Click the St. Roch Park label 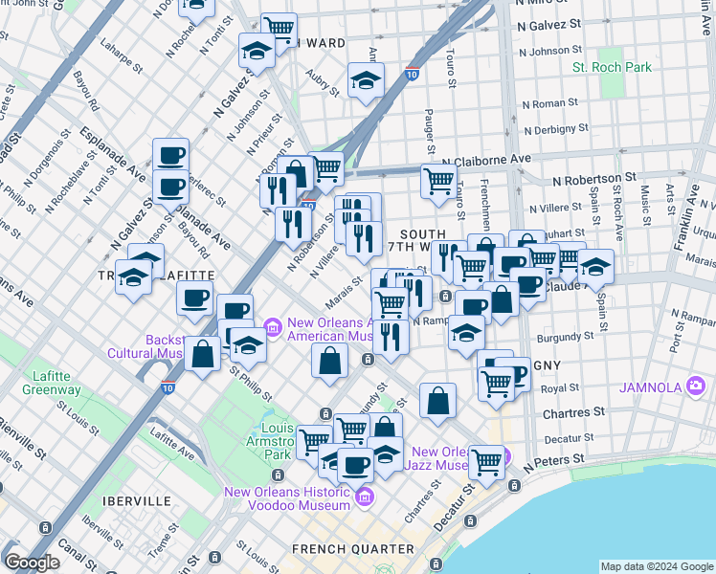point(612,68)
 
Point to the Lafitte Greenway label point(45,383)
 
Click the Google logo point(33,563)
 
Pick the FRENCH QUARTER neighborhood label point(353,549)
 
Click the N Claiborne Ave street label point(485,159)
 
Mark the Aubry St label point(325,85)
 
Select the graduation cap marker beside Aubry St point(366,81)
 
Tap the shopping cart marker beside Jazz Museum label point(486,462)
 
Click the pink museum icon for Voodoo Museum point(364,497)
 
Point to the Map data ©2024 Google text point(658,566)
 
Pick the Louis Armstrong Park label point(277,441)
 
